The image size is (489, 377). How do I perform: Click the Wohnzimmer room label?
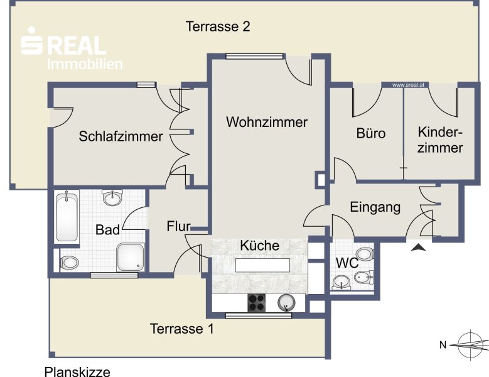pos(267,122)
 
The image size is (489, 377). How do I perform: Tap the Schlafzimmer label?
pos(121,136)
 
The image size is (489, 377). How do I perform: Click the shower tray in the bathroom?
pos(131,257)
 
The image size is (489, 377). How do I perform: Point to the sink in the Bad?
pos(112,197)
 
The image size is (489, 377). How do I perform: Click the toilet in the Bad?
pos(69,263)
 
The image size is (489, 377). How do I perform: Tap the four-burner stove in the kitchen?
pos(256,302)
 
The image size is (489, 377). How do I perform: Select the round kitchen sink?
pos(286,303)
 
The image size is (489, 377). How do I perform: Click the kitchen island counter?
pos(262,265)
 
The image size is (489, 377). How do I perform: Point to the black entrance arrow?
pos(419,248)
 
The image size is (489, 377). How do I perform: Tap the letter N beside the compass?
pos(443,345)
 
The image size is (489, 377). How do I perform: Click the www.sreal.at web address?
pos(408,85)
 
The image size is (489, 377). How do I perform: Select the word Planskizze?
pos(77,372)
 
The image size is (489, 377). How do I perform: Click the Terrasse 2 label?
pos(218,26)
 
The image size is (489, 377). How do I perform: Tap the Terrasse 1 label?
pos(182,329)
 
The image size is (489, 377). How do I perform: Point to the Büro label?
pos(371,133)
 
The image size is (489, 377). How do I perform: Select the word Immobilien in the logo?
pos(85,64)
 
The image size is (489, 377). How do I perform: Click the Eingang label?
pos(375,207)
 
